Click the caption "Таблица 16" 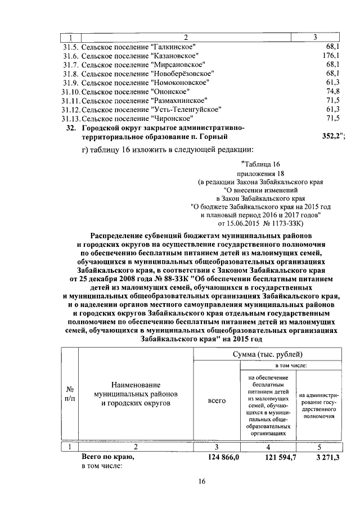pyautogui.click(x=260, y=165)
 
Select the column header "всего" pyautogui.click(x=217, y=400)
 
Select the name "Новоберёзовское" pyautogui.click(x=182, y=73)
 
